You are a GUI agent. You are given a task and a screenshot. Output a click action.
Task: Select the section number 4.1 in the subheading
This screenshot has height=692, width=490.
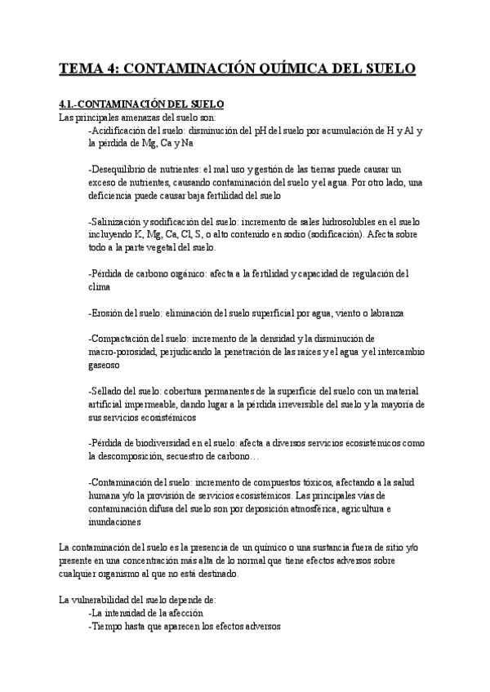click(x=69, y=105)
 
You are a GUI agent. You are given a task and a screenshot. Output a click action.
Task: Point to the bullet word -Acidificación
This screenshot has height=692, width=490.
click(x=122, y=131)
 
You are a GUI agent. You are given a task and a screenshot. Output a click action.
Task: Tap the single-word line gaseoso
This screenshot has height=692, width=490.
click(x=104, y=366)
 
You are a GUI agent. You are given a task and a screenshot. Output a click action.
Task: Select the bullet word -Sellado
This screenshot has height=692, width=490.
click(x=109, y=392)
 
